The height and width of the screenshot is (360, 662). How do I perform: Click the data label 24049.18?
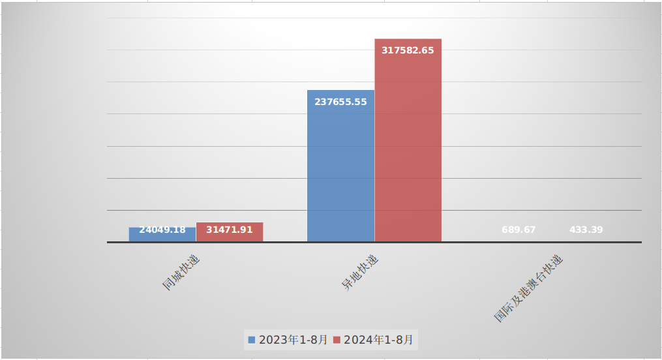click(x=162, y=230)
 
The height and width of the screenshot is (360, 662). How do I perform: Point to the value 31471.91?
click(x=230, y=230)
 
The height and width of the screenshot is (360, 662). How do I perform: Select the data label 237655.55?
click(x=340, y=102)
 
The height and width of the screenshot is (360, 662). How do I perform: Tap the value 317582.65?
click(x=408, y=50)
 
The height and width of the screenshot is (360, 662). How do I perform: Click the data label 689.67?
click(x=519, y=230)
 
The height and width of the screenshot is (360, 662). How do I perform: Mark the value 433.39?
click(x=586, y=230)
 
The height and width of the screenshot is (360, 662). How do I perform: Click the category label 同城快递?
click(x=181, y=272)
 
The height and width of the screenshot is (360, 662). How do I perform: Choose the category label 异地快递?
click(x=361, y=272)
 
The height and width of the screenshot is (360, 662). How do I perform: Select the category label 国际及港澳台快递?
click(x=528, y=288)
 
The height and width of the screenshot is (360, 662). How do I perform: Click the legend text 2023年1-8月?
click(x=293, y=340)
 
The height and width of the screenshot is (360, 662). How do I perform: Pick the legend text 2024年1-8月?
click(x=378, y=340)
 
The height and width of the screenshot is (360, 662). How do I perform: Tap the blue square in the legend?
click(x=252, y=340)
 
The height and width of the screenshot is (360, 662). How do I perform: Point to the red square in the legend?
click(x=337, y=340)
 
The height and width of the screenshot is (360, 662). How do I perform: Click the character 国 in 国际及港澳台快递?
click(x=500, y=317)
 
